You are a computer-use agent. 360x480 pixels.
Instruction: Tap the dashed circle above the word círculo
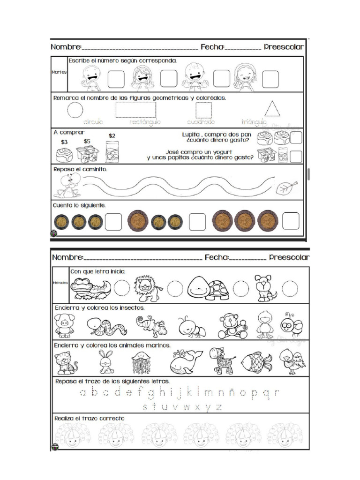tap(75, 110)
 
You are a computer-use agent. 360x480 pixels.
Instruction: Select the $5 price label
tap(87, 141)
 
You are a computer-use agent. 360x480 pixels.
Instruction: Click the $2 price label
tap(112, 136)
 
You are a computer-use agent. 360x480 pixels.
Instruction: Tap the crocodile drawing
tap(91, 288)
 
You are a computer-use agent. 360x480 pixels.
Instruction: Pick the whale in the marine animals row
tap(185, 362)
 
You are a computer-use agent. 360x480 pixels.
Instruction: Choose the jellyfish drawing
tap(141, 362)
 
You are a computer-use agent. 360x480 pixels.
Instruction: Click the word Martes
tap(60, 72)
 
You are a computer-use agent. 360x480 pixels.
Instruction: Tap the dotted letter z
tap(218, 406)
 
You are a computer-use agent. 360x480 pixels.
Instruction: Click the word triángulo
tap(254, 122)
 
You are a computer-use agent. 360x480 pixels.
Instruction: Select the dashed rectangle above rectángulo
tap(136, 109)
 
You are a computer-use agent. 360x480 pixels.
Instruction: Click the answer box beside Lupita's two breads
tap(296, 137)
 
